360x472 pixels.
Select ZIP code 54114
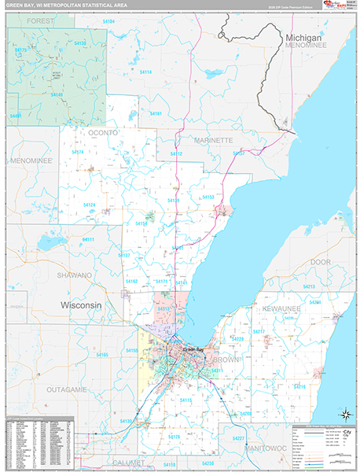click(145, 72)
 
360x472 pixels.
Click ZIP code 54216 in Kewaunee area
click(299, 387)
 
